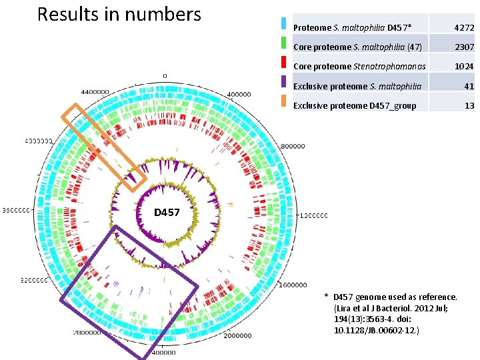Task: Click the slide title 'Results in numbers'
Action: tap(119, 14)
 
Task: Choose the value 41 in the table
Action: tap(469, 86)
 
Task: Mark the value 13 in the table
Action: tap(469, 105)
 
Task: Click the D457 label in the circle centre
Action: tap(167, 213)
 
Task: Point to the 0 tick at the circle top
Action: tap(165, 75)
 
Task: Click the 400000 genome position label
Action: tap(239, 95)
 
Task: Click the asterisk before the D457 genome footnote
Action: tap(327, 296)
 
